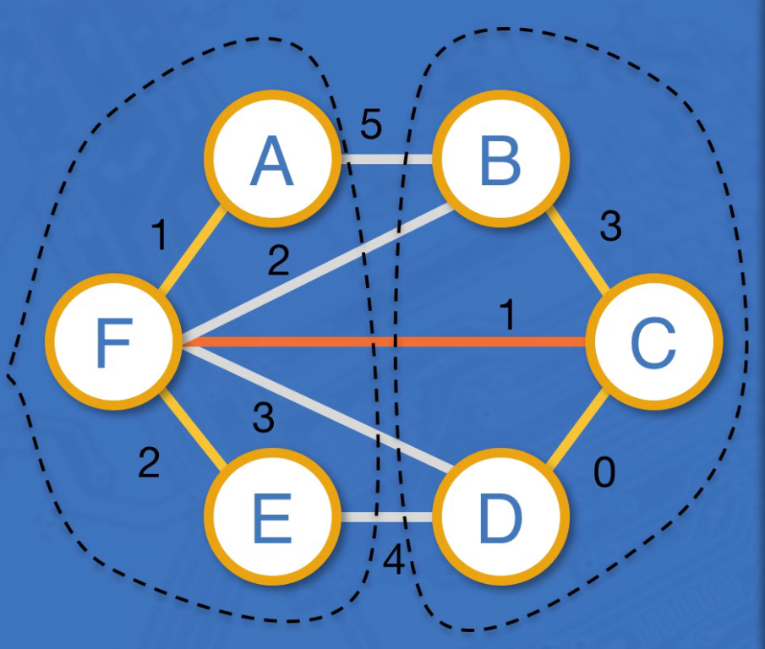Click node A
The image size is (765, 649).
tap(271, 161)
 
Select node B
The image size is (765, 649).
tap(500, 161)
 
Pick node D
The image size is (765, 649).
tap(500, 520)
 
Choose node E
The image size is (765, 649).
tap(271, 520)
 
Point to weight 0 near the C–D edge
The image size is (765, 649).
tap(604, 474)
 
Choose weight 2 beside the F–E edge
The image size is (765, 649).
tap(149, 462)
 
